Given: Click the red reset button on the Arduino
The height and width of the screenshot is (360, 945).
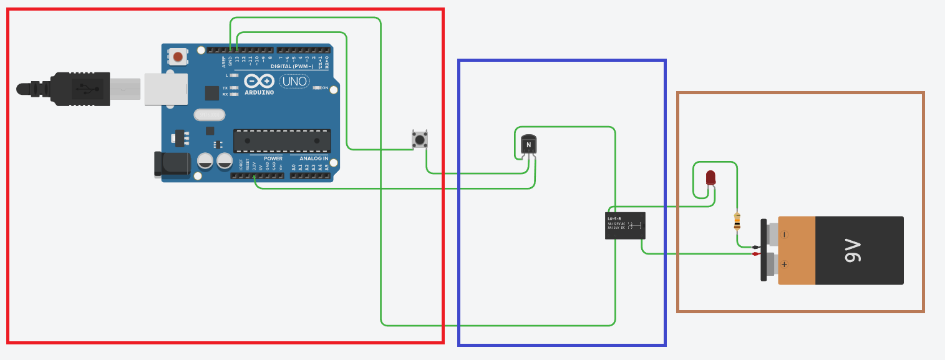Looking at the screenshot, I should pos(178,57).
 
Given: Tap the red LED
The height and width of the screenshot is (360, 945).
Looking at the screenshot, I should pos(711,177).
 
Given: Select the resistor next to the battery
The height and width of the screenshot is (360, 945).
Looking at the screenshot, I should pos(738,221).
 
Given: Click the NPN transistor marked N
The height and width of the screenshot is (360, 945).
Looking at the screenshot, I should pos(528,145).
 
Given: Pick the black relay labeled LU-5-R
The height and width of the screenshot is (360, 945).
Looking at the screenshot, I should pos(625,225).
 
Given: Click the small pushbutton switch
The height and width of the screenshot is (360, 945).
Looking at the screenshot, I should pos(420,140).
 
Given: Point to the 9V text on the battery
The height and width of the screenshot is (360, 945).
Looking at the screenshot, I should pos(853,250).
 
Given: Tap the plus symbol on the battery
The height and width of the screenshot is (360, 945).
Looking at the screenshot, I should pos(785,265).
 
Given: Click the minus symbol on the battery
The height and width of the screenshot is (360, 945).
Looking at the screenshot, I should pos(785,235).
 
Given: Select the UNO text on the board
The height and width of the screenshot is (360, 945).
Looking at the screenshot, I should pos(293,81).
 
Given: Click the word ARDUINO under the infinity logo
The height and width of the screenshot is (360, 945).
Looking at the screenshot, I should pos(259,92).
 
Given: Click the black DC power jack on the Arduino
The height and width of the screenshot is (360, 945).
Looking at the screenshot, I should pos(173,163).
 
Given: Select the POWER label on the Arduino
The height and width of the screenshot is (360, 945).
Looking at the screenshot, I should pos(273,158).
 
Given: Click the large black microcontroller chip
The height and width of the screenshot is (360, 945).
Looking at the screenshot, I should pos(282,141).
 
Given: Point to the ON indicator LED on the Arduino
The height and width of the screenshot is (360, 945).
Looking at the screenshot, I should pos(317,88).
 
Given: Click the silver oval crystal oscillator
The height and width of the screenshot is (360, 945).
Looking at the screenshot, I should pos(209,115).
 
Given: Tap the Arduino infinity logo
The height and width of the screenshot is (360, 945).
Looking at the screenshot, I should pos(259,81).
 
